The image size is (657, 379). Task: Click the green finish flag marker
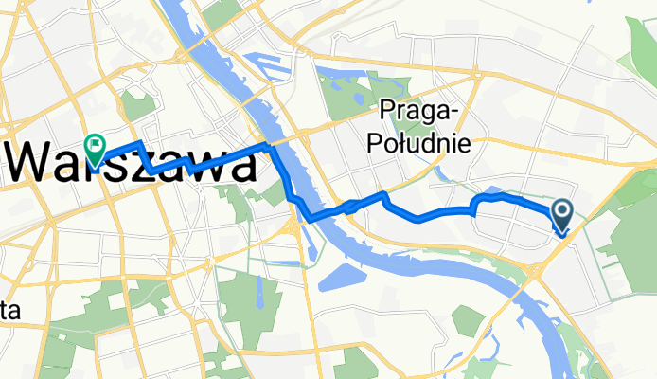(x=95, y=146)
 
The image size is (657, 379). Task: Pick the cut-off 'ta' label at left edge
(x=10, y=311)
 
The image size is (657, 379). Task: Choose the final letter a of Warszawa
(x=239, y=169)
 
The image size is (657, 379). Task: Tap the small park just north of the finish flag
(x=137, y=106)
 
